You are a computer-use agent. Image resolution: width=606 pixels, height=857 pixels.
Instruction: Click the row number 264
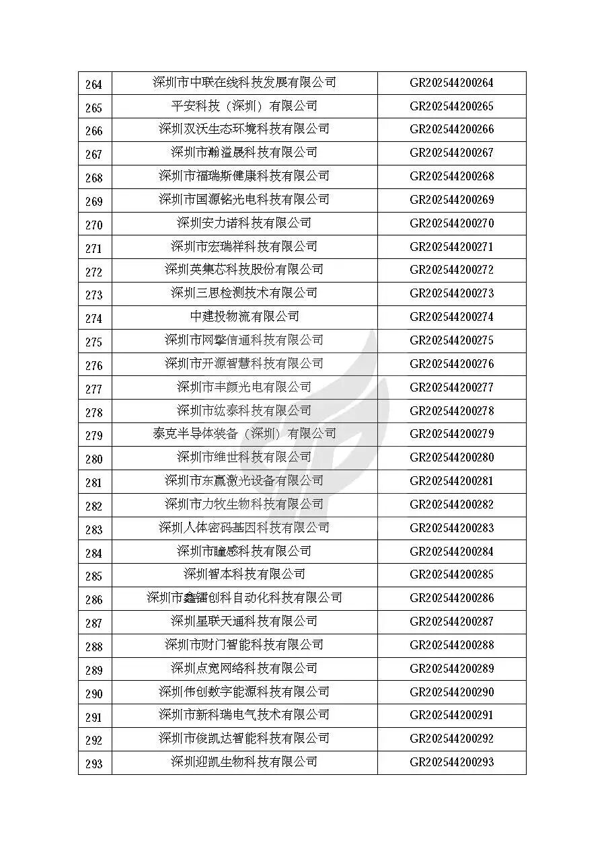pyautogui.click(x=94, y=84)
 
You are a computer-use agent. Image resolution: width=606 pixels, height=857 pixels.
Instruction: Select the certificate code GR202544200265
pyautogui.click(x=451, y=106)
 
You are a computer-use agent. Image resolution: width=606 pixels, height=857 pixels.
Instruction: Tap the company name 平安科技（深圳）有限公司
pyautogui.click(x=244, y=106)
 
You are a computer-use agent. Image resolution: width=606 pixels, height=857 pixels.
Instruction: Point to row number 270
pyautogui.click(x=94, y=225)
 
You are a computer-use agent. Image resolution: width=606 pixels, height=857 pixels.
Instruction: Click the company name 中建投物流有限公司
pyautogui.click(x=244, y=316)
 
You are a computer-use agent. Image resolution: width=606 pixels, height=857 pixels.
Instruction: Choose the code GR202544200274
pyautogui.click(x=451, y=317)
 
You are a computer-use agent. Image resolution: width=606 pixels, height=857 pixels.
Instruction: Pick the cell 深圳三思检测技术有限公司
pyautogui.click(x=244, y=293)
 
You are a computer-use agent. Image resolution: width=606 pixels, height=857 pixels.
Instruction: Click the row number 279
pyautogui.click(x=94, y=435)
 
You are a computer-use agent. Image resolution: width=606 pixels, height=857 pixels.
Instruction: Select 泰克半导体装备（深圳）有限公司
pyautogui.click(x=244, y=434)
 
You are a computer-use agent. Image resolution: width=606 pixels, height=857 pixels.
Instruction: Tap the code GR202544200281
pyautogui.click(x=451, y=481)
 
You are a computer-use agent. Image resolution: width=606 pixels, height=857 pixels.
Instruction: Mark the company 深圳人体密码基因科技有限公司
pyautogui.click(x=244, y=527)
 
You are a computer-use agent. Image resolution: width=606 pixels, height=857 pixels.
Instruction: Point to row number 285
pyautogui.click(x=94, y=576)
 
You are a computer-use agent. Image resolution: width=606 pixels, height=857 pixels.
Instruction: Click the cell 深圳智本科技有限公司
pyautogui.click(x=244, y=574)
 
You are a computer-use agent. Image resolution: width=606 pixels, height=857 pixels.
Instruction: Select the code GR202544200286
pyautogui.click(x=451, y=598)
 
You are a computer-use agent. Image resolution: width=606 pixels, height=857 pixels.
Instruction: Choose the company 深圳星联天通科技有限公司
pyautogui.click(x=244, y=621)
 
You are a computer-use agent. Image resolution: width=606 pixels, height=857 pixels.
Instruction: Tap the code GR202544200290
pyautogui.click(x=451, y=692)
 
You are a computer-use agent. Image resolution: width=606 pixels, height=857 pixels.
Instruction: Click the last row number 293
pyautogui.click(x=94, y=764)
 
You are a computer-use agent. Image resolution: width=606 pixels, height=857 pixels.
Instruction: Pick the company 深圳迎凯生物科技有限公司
pyautogui.click(x=244, y=762)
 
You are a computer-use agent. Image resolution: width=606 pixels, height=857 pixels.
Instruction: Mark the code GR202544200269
pyautogui.click(x=451, y=200)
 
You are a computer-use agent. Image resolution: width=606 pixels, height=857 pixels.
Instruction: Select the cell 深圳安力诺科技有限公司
pyautogui.click(x=244, y=223)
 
